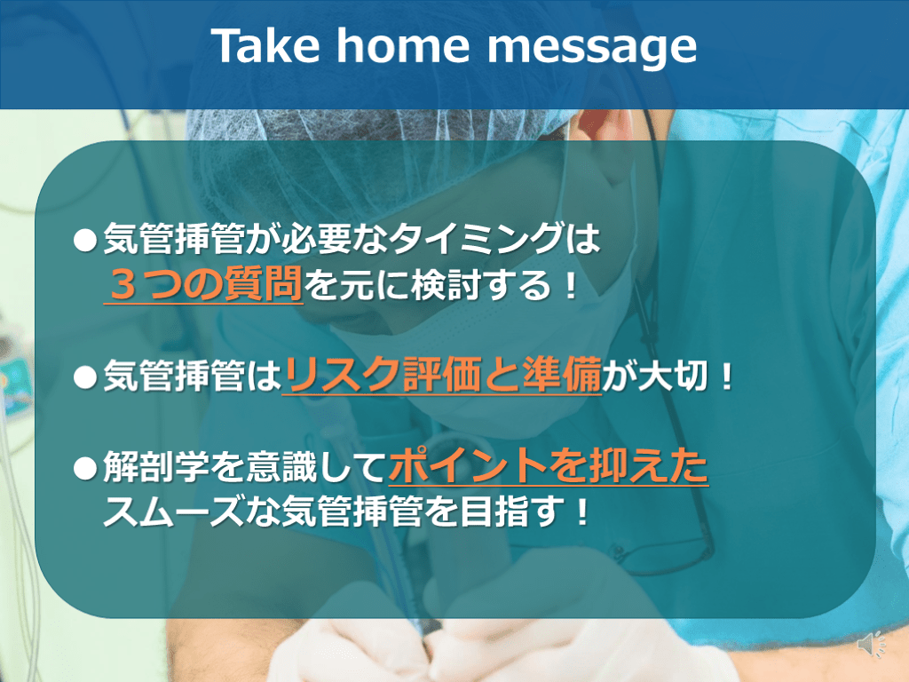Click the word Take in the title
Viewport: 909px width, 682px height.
pyautogui.click(x=265, y=45)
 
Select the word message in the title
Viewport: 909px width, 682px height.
pyautogui.click(x=592, y=48)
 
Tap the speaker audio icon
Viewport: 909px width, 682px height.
pyautogui.click(x=871, y=645)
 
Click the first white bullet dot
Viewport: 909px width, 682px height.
pyautogui.click(x=85, y=240)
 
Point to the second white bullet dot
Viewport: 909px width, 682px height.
pyautogui.click(x=85, y=377)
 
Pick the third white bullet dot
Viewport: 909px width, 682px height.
pyautogui.click(x=85, y=468)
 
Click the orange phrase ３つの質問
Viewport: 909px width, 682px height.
pyautogui.click(x=204, y=284)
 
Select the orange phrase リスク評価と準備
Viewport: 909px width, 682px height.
pyautogui.click(x=442, y=376)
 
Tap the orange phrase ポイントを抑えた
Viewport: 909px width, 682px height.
pyautogui.click(x=549, y=465)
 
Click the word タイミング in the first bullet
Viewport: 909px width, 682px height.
pyautogui.click(x=477, y=239)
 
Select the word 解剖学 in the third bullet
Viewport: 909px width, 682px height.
pyautogui.click(x=156, y=467)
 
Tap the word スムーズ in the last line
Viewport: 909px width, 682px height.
pyautogui.click(x=174, y=512)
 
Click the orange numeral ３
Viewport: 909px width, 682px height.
pyautogui.click(x=123, y=285)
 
